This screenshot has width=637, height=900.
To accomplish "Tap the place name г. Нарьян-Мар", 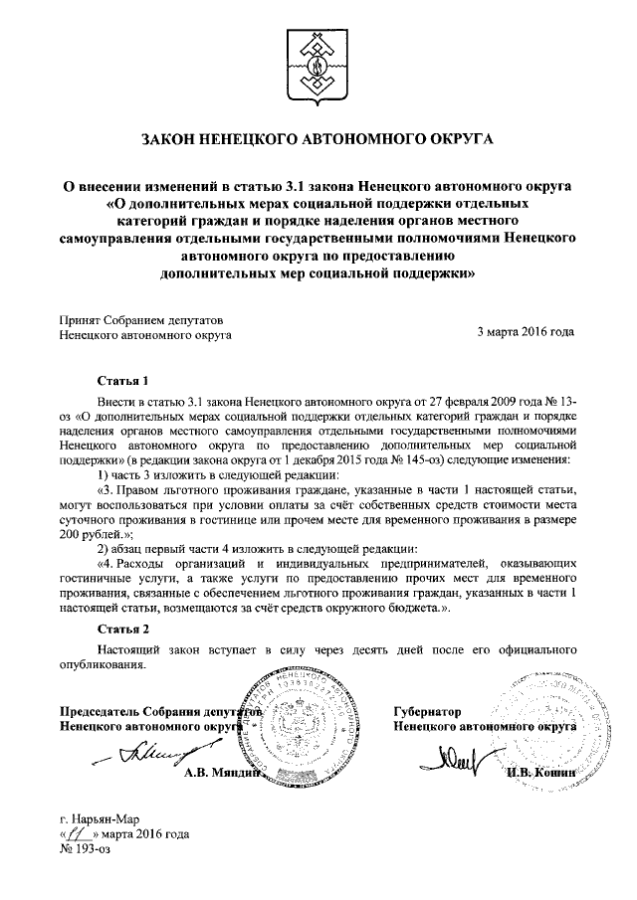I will click(104, 819).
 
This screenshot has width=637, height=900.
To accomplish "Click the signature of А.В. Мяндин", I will click(134, 757).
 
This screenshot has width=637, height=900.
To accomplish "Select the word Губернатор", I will click(428, 712).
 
